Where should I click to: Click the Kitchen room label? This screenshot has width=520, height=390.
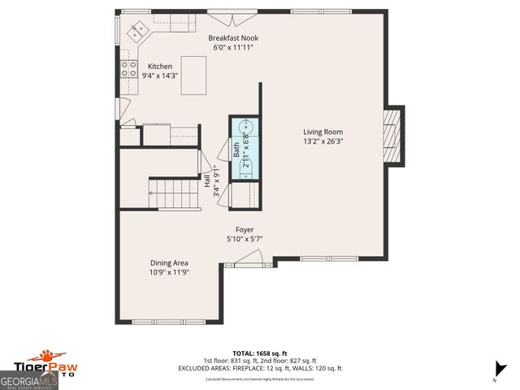158,66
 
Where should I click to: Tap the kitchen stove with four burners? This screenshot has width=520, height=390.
128,69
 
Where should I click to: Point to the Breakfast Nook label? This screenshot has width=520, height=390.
233,38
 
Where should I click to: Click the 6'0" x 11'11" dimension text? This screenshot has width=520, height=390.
233,49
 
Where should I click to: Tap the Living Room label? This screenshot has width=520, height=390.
323,132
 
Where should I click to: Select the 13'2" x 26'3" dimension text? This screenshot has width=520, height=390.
323,142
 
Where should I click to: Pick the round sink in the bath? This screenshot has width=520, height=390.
245,128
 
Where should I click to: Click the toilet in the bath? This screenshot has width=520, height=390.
245,168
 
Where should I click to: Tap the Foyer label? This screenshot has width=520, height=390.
245,230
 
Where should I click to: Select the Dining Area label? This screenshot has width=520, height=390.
169,262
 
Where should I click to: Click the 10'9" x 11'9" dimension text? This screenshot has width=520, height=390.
169,273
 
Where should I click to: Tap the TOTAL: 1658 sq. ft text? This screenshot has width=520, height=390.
259,353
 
